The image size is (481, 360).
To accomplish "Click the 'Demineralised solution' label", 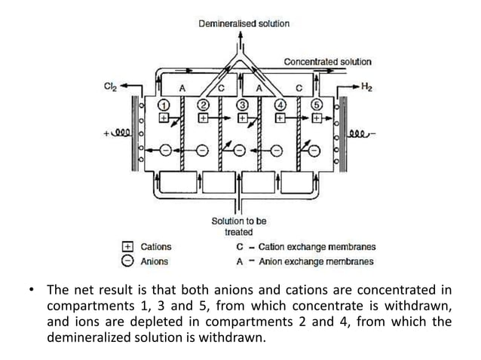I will coord(244,24).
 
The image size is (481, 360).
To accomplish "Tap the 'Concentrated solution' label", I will coord(327,62).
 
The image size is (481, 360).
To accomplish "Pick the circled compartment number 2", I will coord(204,104).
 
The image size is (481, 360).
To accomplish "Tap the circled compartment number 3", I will coord(243,104).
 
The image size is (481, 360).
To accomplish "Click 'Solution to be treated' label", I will coord(238,227).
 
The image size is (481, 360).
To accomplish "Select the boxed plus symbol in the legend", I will coord(127,247).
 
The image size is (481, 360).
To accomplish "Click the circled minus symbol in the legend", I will coord(127,261).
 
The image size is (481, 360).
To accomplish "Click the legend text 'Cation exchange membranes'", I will coord(317,247).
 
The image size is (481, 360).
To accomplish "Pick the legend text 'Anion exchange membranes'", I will coord(317,261).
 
